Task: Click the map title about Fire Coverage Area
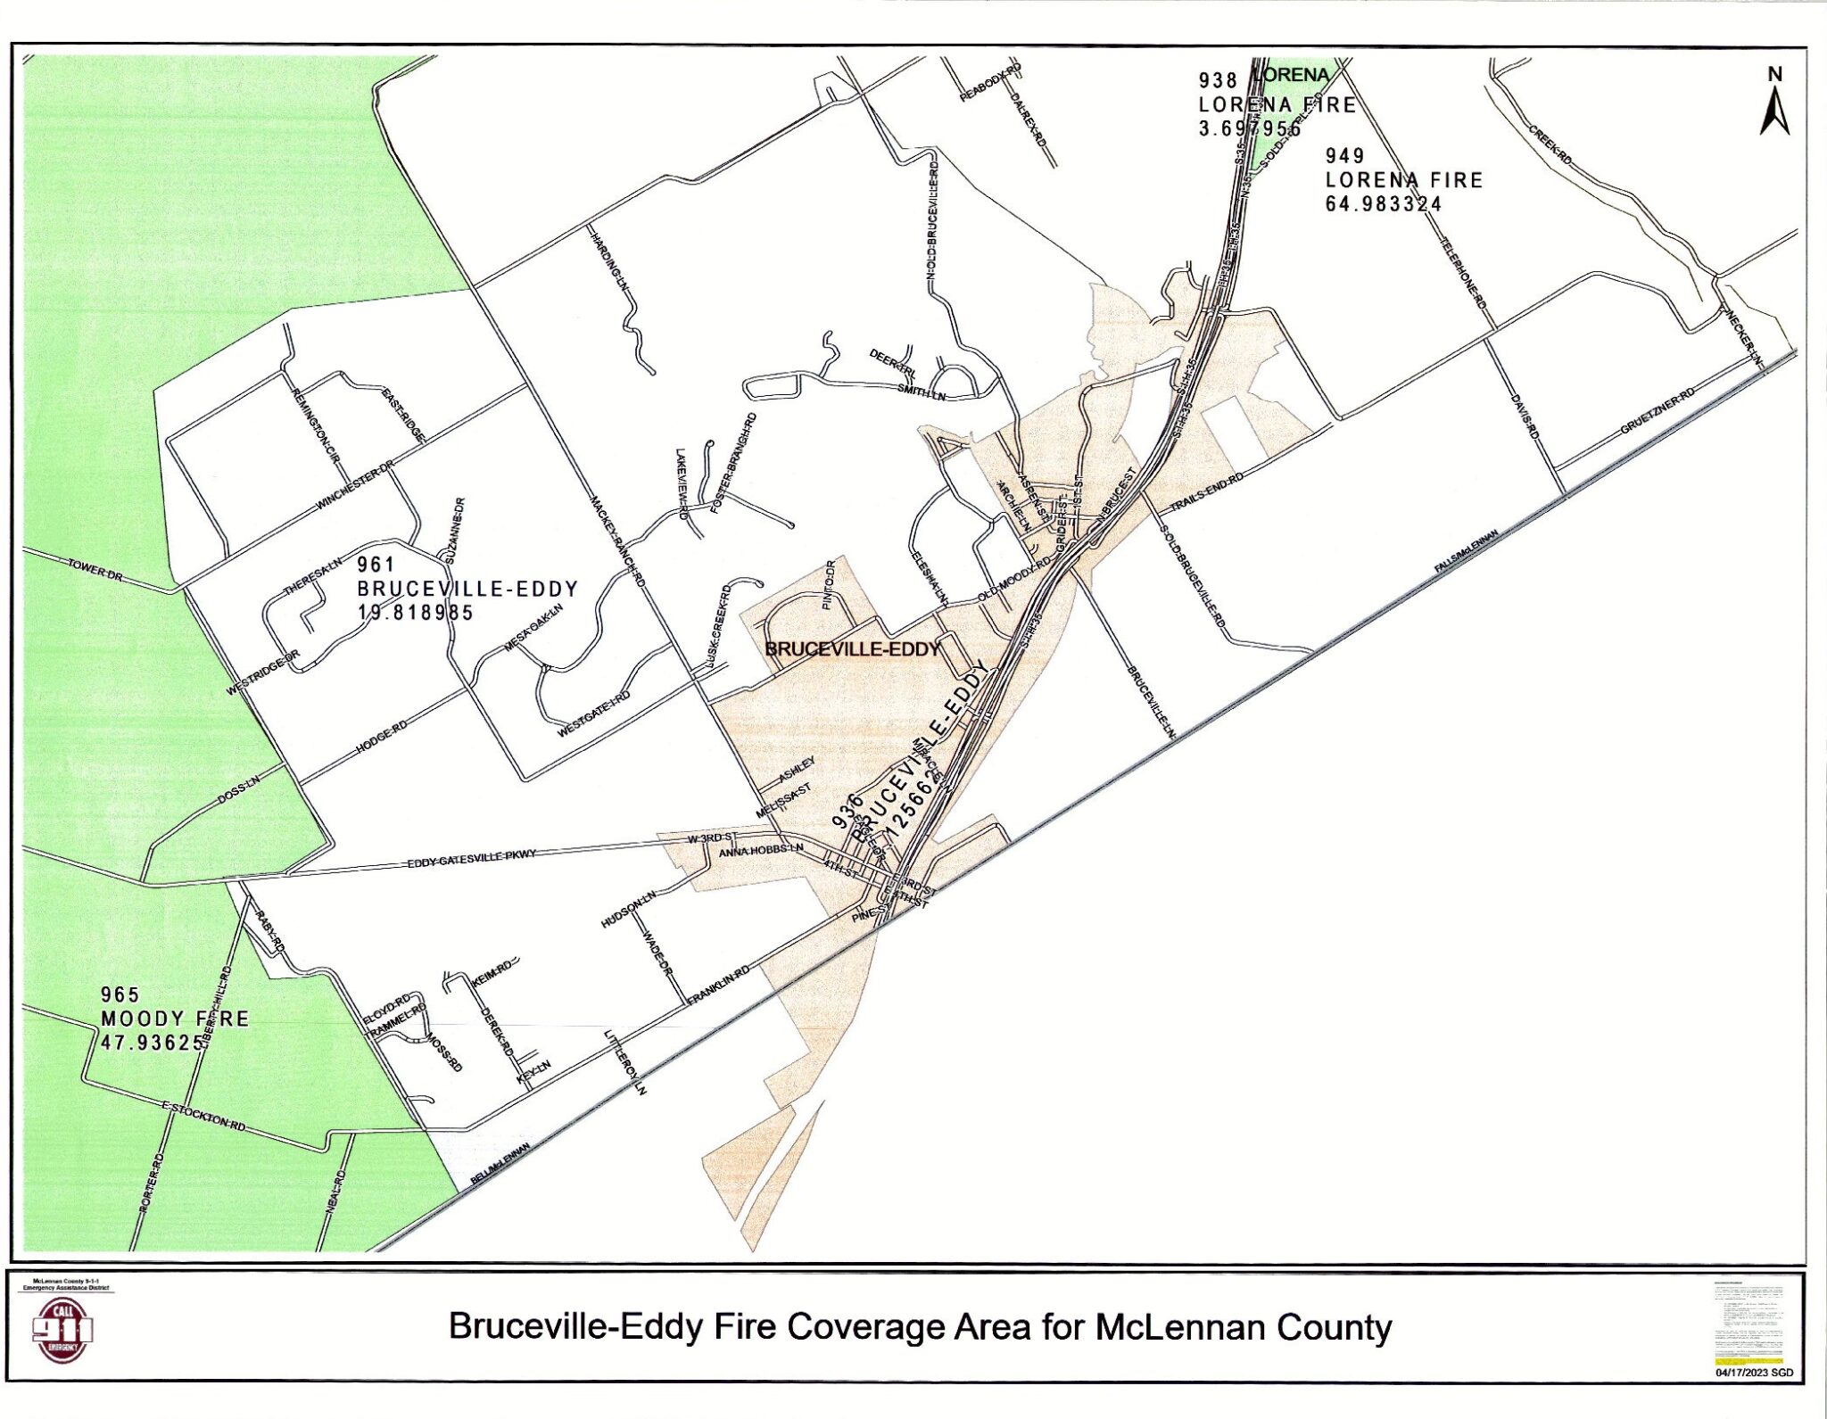tap(920, 1327)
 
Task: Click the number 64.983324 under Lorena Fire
tap(1383, 203)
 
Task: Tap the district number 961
tap(376, 565)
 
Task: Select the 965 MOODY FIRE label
tap(174, 1019)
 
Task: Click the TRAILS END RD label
tap(1206, 491)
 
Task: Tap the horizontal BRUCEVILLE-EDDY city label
tap(853, 649)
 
